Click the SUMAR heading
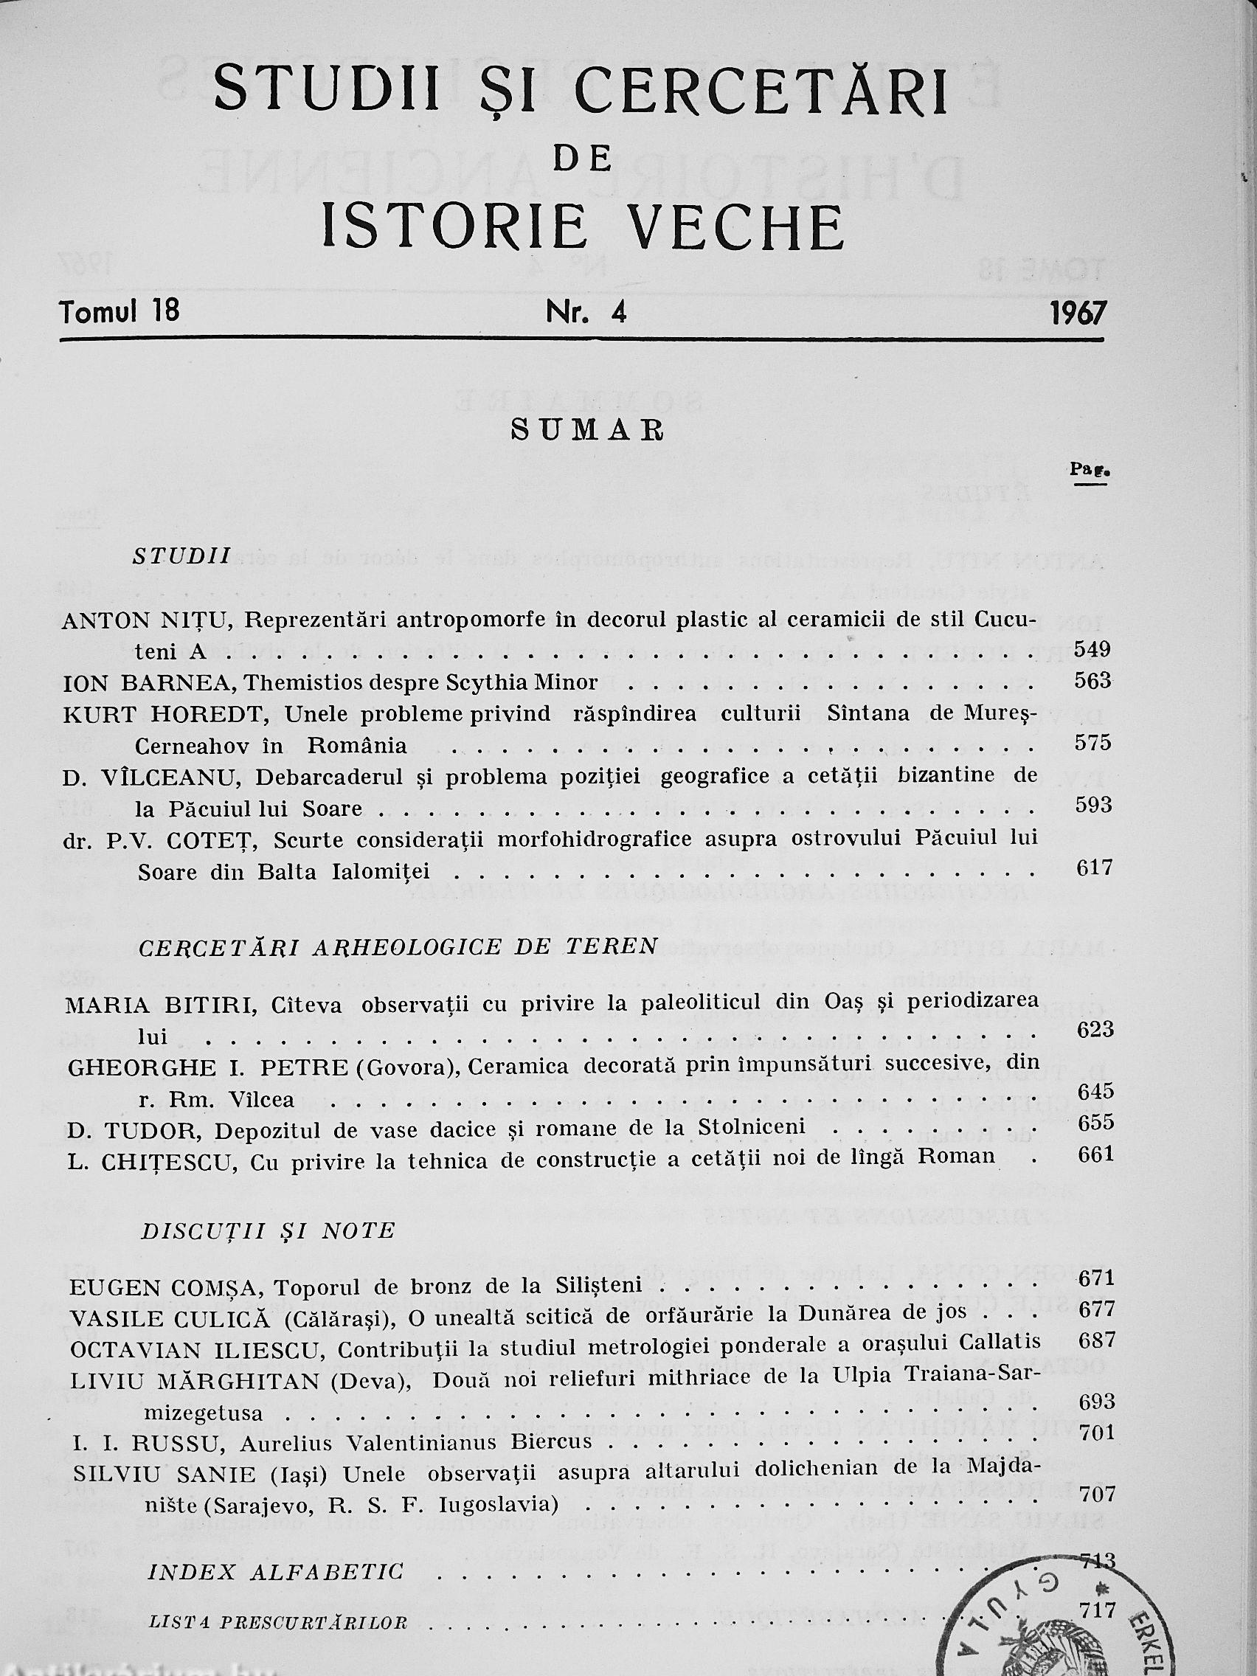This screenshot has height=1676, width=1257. coord(588,429)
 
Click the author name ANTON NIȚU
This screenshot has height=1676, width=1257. coord(149,620)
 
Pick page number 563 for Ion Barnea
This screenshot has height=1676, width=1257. coord(1092,680)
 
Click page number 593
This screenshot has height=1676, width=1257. coord(1092,805)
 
